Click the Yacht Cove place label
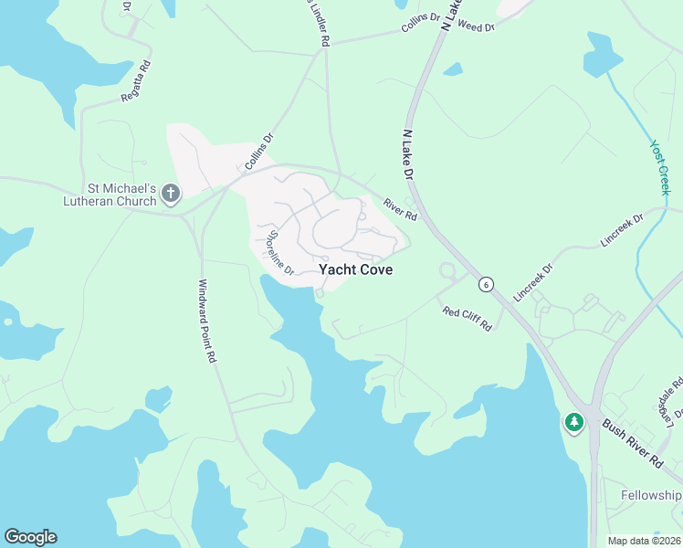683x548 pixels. click(356, 270)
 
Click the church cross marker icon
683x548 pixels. click(171, 194)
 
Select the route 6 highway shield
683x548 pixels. click(488, 284)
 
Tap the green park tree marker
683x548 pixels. click(573, 422)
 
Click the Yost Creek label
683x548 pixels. click(660, 167)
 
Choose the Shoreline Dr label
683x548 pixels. click(280, 254)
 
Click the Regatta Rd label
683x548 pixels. click(138, 81)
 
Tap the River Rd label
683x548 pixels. click(400, 210)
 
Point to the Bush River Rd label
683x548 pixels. click(632, 445)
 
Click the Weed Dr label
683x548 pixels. click(476, 27)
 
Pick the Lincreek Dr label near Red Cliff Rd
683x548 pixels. click(533, 283)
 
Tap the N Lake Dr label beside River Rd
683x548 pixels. click(409, 153)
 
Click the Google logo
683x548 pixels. click(30, 537)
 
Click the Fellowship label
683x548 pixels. click(651, 495)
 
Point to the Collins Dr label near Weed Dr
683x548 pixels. click(420, 24)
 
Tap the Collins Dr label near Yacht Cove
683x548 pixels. click(259, 153)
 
